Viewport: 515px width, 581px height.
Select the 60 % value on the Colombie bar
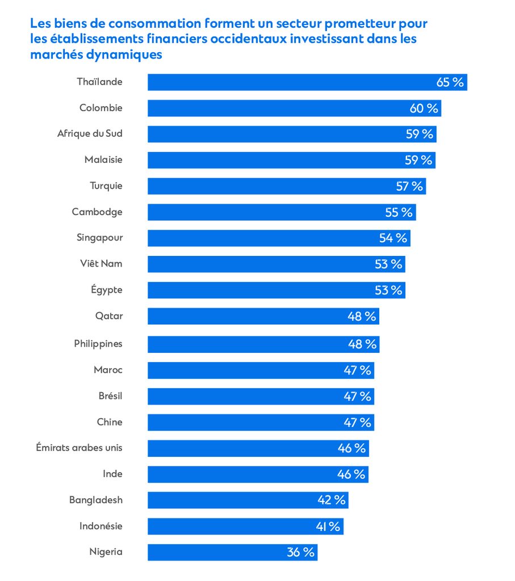pyautogui.click(x=424, y=108)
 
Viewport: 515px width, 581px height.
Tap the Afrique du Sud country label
pyautogui.click(x=90, y=134)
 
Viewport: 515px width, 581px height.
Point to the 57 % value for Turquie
pyautogui.click(x=409, y=186)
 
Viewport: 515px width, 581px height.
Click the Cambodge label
pyautogui.click(x=97, y=212)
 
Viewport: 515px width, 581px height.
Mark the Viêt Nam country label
pyautogui.click(x=101, y=264)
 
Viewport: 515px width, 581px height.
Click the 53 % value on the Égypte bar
pyautogui.click(x=388, y=290)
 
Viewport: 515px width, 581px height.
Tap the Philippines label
pyautogui.click(x=98, y=343)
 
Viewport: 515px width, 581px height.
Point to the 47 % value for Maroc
pyautogui.click(x=358, y=371)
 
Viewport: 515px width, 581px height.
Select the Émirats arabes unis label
pyautogui.click(x=79, y=448)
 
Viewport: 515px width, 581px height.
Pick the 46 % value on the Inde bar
pyautogui.click(x=351, y=474)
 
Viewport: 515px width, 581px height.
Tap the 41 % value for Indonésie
pyautogui.click(x=328, y=527)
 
